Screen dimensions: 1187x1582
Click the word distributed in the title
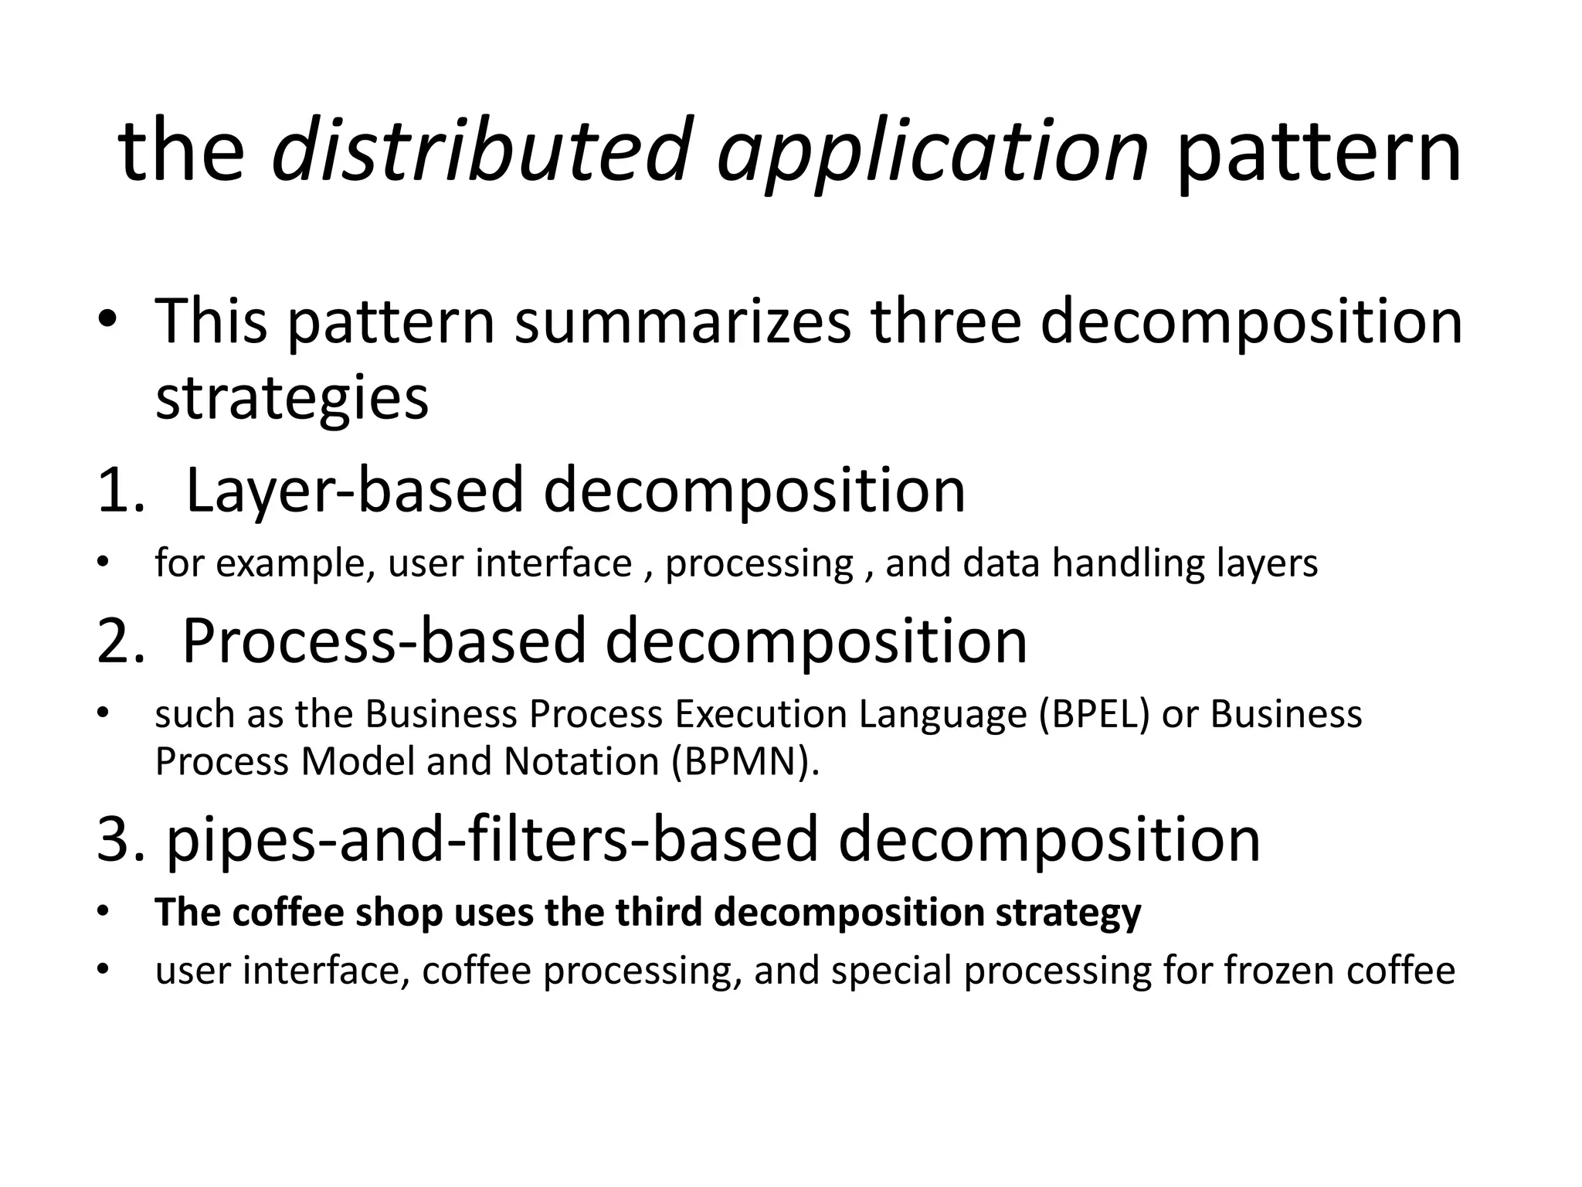pos(479,150)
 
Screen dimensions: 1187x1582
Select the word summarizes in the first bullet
pos(683,321)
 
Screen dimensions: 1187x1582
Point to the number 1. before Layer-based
pos(121,490)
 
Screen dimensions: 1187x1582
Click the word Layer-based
pos(355,490)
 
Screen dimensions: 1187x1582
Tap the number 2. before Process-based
pos(121,641)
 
